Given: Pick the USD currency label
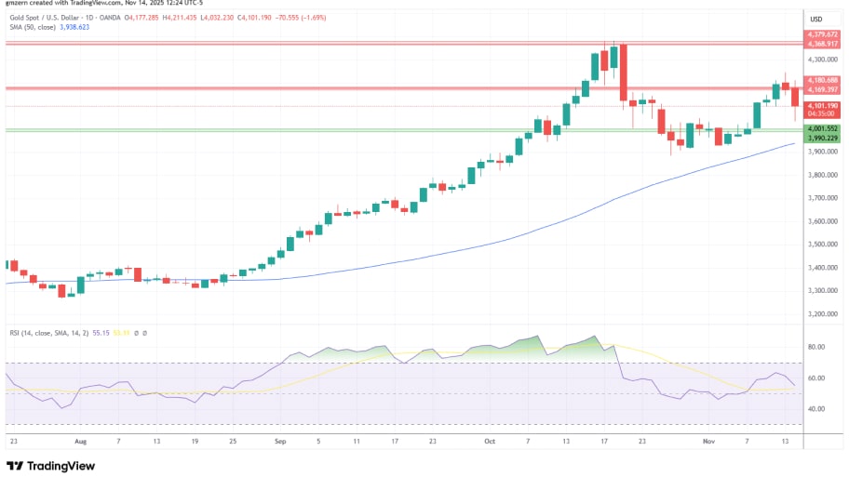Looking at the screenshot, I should coord(816,20).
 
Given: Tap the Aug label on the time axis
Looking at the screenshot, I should coord(80,443).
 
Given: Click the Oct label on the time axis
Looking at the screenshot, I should coord(490,443).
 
